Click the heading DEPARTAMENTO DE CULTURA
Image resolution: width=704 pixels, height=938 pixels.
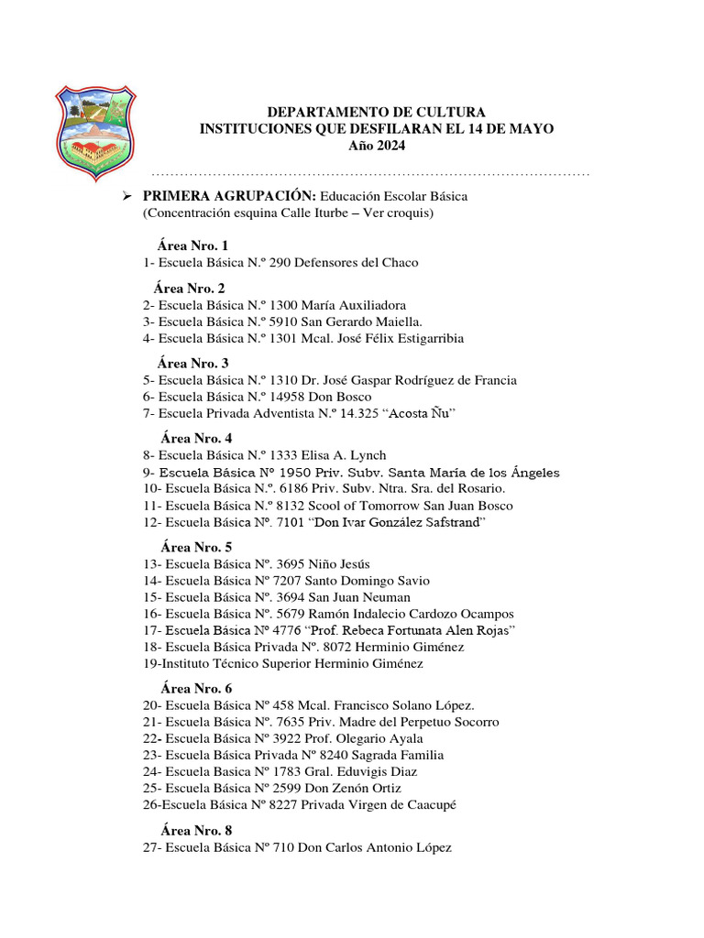pos(376,112)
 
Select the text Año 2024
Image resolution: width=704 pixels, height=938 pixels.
pos(376,146)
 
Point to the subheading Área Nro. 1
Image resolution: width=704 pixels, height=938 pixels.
pos(192,245)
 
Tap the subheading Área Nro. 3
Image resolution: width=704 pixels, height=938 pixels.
pos(192,363)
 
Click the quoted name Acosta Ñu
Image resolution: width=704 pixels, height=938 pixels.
pos(420,414)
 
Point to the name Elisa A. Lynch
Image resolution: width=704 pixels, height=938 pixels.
pos(345,455)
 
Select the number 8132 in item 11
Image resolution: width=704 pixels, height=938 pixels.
pos(282,506)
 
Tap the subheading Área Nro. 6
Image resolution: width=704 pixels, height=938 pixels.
pos(196,689)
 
